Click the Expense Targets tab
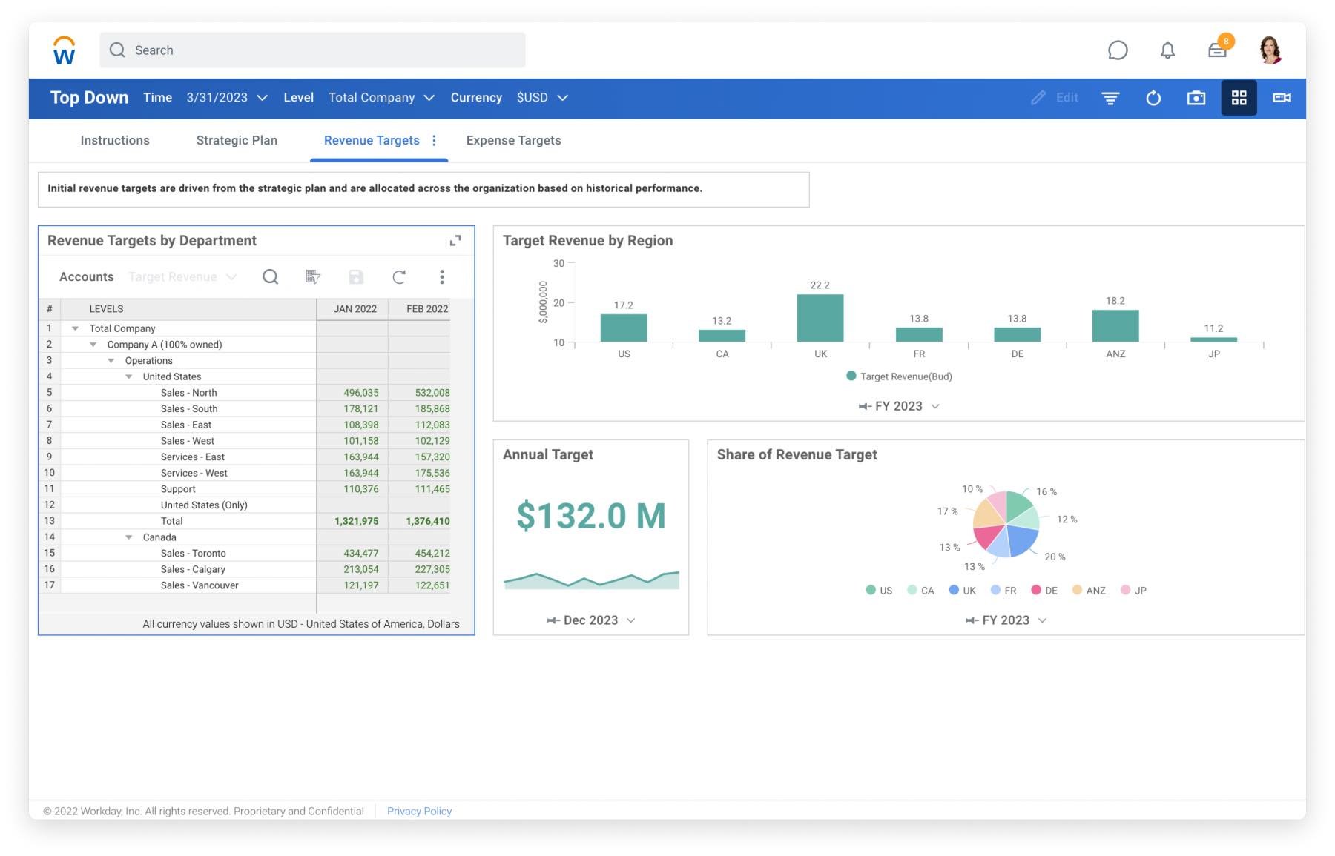(513, 140)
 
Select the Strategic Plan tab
(237, 140)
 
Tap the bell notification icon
(1167, 50)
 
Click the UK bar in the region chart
(820, 319)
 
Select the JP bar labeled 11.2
(1213, 339)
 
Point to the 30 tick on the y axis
(559, 263)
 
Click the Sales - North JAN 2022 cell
(360, 393)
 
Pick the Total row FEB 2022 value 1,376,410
(427, 521)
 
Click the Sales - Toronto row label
(193, 554)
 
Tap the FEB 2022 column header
(426, 309)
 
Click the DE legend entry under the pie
(1044, 591)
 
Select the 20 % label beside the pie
(1055, 557)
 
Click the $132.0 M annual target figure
(590, 516)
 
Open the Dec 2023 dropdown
(591, 620)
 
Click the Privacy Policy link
(419, 811)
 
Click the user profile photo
(1270, 50)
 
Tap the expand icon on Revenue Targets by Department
(455, 240)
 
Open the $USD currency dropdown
(542, 98)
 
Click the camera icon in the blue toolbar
(1196, 98)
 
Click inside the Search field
(311, 50)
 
